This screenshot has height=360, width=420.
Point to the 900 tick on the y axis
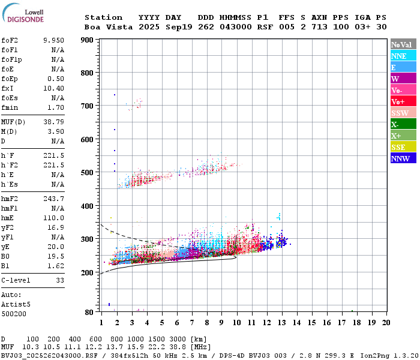click(x=88, y=40)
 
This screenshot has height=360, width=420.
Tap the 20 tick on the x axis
click(x=386, y=322)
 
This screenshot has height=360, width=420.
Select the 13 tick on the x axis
click(x=281, y=322)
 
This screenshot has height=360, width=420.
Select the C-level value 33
click(x=60, y=280)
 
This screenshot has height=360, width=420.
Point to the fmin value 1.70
click(x=56, y=107)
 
